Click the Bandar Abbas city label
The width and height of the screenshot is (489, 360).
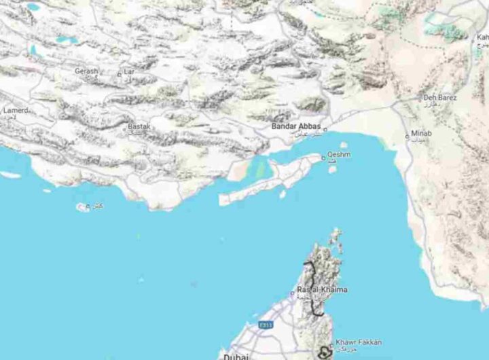click(295, 126)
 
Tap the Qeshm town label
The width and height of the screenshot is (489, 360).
click(339, 155)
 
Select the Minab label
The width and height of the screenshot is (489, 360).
click(421, 133)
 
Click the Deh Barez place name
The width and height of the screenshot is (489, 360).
click(439, 98)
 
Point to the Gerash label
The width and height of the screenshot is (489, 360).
click(86, 71)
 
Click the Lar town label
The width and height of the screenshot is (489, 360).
click(129, 71)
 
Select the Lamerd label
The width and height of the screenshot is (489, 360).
click(15, 110)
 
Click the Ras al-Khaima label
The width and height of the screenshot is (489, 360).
click(322, 290)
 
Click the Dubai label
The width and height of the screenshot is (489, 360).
click(235, 356)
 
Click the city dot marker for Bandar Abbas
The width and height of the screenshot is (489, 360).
click(325, 130)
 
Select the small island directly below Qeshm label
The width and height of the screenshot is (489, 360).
click(333, 169)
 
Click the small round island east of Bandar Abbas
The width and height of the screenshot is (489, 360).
click(344, 145)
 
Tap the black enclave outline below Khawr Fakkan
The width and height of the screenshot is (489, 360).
click(323, 352)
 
